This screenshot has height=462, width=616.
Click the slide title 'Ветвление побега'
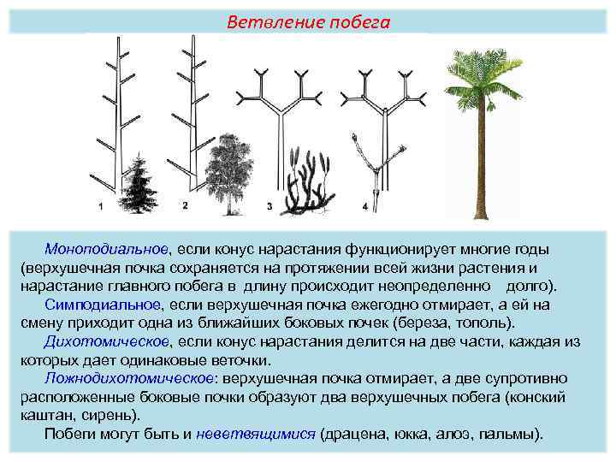tap(308, 23)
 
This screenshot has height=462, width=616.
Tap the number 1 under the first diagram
tap(101, 205)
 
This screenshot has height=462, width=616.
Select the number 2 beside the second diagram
tap(186, 205)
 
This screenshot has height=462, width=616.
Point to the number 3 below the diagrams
tap(269, 206)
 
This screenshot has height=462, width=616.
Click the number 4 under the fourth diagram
tap(364, 206)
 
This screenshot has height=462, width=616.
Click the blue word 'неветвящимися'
tap(254, 434)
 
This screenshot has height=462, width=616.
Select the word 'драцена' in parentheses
tap(351, 434)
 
